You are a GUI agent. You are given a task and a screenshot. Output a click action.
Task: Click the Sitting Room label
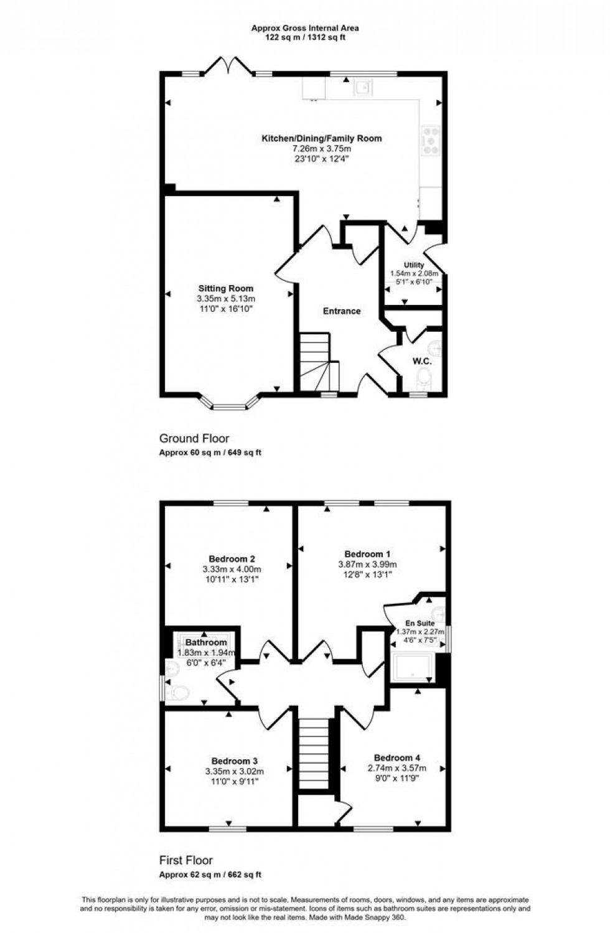point(225,288)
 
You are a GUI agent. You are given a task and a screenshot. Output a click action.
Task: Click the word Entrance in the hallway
point(341,311)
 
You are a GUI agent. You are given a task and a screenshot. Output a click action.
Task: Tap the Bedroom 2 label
point(232,559)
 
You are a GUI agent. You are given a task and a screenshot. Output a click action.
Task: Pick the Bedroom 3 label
point(234,761)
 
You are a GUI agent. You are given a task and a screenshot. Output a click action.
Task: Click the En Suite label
point(420,623)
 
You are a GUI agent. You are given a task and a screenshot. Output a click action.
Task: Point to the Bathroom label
point(206,642)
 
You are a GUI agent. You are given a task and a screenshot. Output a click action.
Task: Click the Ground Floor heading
point(194,439)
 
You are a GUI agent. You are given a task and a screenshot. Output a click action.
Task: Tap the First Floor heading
point(186,860)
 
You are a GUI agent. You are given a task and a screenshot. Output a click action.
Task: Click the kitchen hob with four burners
point(431,139)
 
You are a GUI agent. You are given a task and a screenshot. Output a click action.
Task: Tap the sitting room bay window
point(230,405)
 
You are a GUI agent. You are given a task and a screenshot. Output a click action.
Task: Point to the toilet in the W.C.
point(425,377)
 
